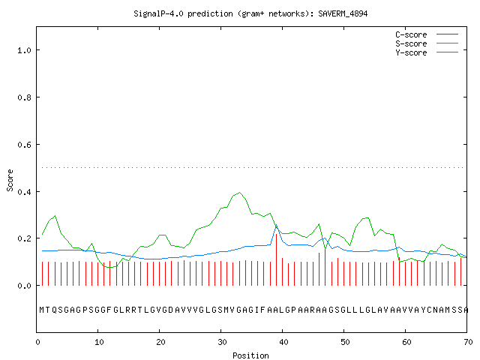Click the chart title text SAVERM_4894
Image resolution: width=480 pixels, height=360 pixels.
tap(343, 13)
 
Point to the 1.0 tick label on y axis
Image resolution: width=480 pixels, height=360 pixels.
tap(24, 50)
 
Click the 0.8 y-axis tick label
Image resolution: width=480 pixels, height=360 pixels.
tap(24, 97)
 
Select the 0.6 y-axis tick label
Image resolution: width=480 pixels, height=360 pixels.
tap(24, 145)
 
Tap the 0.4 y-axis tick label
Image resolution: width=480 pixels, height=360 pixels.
tap(24, 192)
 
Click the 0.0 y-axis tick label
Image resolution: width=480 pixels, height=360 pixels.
tap(24, 286)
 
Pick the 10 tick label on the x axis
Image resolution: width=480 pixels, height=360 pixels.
tap(99, 342)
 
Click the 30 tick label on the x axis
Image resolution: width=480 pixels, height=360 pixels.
tap(222, 342)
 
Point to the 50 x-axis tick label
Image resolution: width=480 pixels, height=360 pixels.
tap(345, 342)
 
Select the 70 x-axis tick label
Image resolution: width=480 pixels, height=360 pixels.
tap(468, 342)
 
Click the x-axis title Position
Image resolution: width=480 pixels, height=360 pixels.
tap(250, 355)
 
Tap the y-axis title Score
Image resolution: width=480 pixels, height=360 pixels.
tap(10, 180)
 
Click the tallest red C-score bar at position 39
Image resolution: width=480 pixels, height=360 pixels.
tap(277, 259)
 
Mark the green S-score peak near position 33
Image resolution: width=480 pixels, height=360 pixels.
tap(240, 193)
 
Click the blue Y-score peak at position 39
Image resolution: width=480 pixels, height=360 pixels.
tap(277, 225)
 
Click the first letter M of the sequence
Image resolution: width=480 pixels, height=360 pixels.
tap(42, 310)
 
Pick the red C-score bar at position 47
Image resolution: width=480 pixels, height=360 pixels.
tap(325, 268)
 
